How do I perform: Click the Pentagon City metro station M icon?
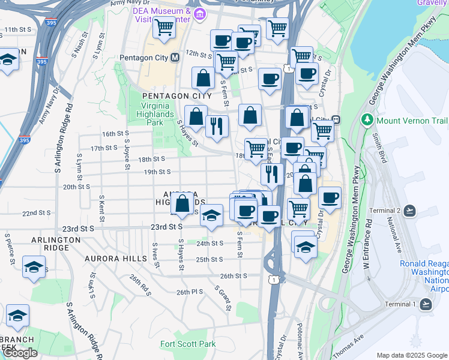(175, 58)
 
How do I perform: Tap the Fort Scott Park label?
(187, 344)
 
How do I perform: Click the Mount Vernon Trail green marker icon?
(367, 120)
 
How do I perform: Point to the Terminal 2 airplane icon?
(409, 211)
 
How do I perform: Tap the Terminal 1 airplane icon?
(426, 304)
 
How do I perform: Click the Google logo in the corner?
(20, 353)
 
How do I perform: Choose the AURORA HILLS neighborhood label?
(119, 259)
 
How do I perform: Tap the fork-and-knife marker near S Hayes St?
(216, 127)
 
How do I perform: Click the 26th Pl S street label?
(190, 292)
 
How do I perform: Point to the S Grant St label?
(223, 298)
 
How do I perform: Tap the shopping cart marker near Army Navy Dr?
(164, 27)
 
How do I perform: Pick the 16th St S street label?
(115, 134)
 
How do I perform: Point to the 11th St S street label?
(18, 29)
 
